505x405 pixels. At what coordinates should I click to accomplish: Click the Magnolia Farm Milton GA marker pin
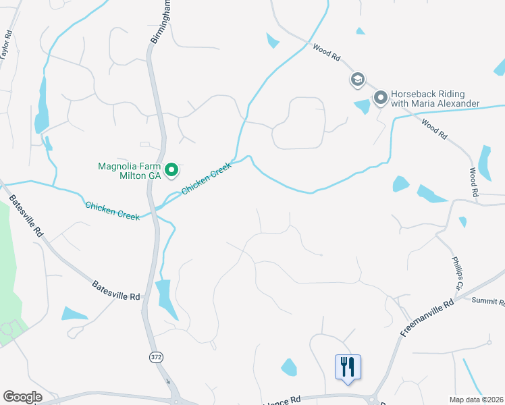click(171, 169)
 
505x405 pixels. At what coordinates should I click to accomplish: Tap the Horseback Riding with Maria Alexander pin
click(380, 99)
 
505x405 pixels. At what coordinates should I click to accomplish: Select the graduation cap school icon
click(357, 80)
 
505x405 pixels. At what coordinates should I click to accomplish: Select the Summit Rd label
click(488, 301)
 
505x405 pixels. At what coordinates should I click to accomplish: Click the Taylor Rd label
click(7, 45)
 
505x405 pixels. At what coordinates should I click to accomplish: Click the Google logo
click(22, 397)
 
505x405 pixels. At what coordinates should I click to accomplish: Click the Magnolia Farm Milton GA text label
click(130, 169)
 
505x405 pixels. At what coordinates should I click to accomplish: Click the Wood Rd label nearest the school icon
click(326, 51)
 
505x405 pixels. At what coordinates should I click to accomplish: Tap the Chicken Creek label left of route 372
click(112, 211)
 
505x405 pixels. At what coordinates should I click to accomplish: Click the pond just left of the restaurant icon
click(289, 367)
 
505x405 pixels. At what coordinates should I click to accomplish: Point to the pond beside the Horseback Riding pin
click(362, 106)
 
